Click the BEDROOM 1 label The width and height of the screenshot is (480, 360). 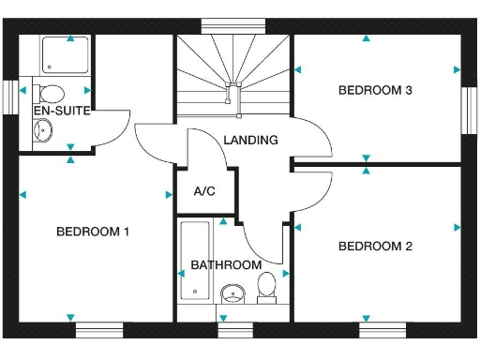pos(93,232)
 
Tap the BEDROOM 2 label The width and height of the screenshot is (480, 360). pos(375,247)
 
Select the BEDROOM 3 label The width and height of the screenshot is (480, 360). pos(375,91)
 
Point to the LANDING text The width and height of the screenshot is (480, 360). pos(250,141)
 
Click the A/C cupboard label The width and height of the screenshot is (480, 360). pos(204,191)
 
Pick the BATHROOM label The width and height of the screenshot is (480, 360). pos(226,265)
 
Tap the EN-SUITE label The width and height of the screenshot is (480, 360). pos(62,111)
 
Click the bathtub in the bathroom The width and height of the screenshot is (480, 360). pos(195,262)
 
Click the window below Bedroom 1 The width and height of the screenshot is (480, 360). pos(99,329)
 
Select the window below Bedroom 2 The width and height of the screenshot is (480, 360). pos(382,329)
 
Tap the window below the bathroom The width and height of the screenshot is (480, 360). pos(234,329)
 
